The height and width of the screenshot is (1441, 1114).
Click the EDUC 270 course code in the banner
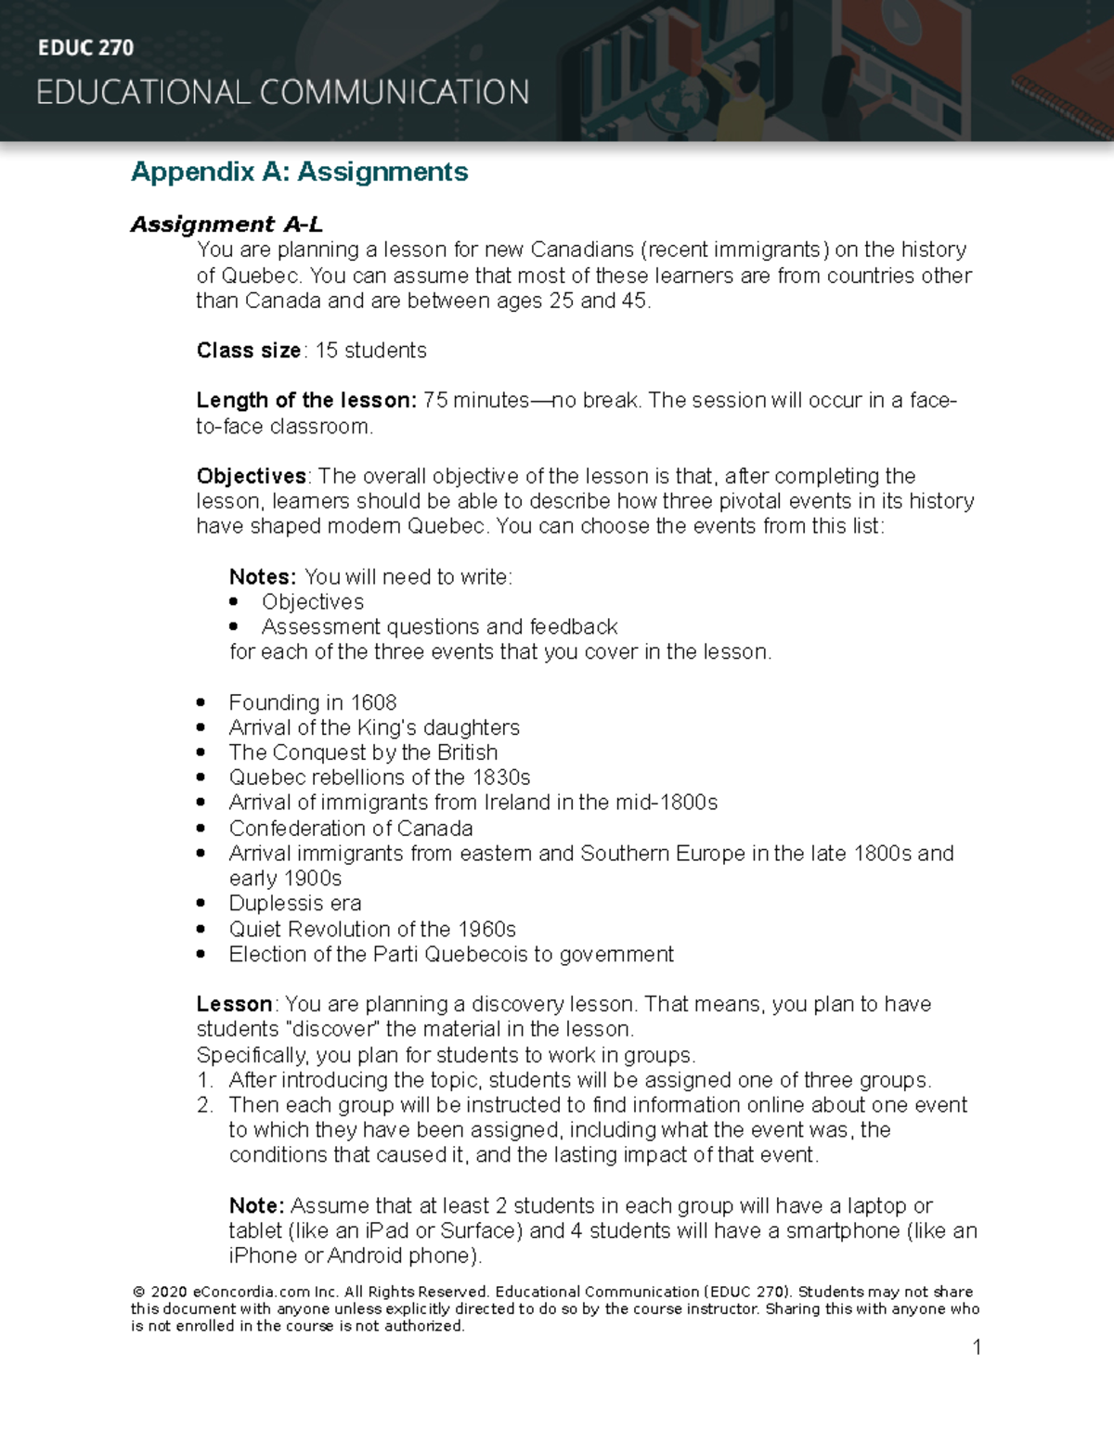pos(85,48)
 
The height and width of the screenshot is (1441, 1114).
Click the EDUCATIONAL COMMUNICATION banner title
pos(283,93)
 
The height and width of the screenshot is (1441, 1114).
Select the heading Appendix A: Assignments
pos(299,172)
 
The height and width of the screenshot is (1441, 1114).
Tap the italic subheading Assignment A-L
pos(227,225)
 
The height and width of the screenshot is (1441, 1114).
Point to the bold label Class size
pos(248,351)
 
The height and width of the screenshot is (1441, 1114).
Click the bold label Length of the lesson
pos(306,401)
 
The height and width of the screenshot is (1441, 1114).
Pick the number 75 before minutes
pos(435,401)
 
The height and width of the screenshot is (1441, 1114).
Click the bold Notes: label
pos(263,577)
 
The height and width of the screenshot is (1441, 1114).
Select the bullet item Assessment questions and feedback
pos(439,627)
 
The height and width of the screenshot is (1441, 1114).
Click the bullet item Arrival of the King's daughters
pos(374,728)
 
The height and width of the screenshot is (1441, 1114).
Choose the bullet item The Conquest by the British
pos(363,753)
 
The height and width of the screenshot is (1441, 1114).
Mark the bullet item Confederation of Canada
pos(351,829)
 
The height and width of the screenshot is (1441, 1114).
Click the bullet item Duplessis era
pos(295,904)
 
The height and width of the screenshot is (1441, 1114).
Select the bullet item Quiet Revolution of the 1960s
pos(372,930)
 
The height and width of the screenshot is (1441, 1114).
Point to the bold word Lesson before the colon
pos(234,1005)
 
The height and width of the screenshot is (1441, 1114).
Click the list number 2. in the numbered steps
pos(205,1105)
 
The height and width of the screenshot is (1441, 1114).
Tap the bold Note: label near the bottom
pos(257,1206)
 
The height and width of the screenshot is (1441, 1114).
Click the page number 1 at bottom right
pos(977,1347)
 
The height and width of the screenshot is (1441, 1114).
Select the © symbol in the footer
pos(138,1293)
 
